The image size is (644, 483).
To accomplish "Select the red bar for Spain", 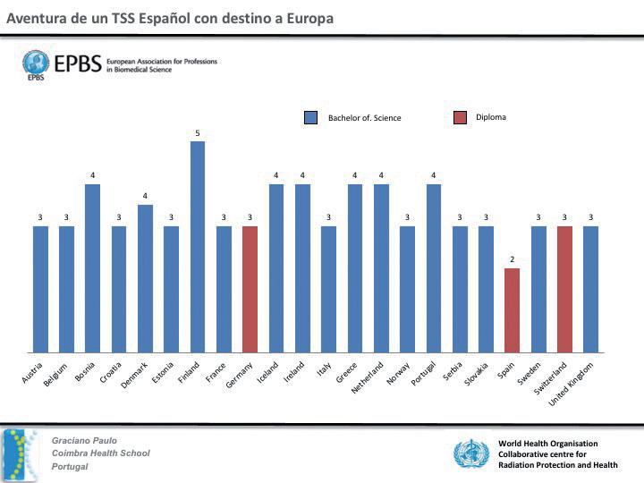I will (512, 309).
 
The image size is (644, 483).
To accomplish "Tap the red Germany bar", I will (250, 289).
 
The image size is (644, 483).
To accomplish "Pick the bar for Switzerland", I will (564, 289).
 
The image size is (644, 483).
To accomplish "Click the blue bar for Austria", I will (40, 289).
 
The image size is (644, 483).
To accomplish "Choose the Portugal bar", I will (434, 267).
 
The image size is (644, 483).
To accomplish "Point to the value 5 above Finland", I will (198, 133).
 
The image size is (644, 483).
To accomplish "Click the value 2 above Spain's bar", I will (512, 259).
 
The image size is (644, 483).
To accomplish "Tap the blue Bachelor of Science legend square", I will (311, 117).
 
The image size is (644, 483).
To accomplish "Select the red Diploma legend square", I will (461, 117).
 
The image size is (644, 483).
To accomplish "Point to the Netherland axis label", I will (369, 378).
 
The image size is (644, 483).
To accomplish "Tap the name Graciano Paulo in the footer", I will (84, 440).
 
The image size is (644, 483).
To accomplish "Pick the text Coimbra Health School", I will (100, 453).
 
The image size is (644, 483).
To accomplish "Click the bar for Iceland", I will (276, 267).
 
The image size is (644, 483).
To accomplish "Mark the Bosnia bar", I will (92, 267).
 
